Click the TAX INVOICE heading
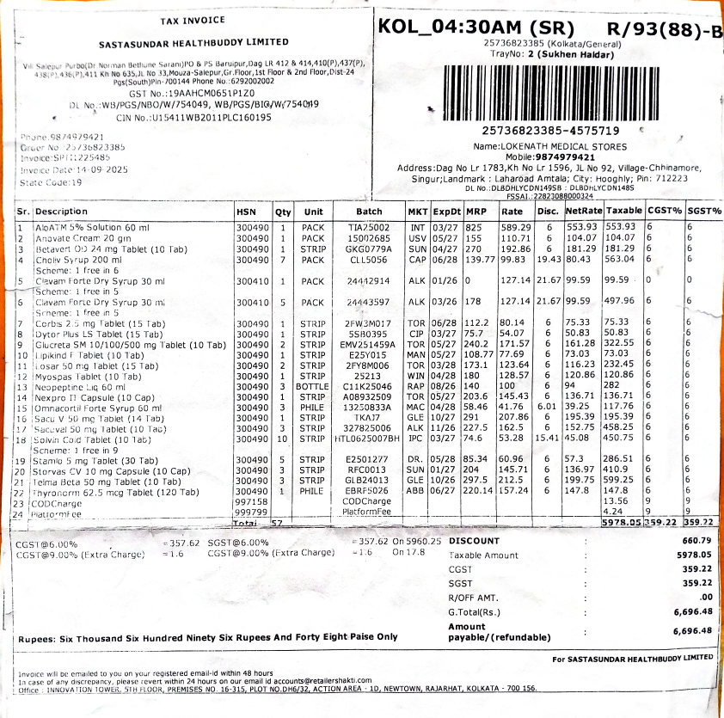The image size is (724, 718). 193,20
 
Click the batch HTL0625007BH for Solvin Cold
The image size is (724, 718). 367,439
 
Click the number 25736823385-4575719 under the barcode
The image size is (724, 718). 550,131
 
